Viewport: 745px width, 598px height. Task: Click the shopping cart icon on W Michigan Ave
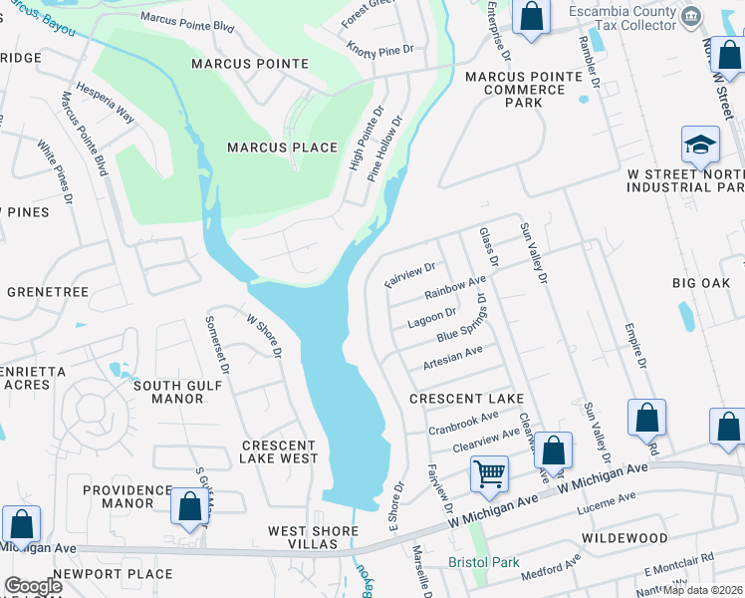point(489,473)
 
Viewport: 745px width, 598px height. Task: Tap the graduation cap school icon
point(700,147)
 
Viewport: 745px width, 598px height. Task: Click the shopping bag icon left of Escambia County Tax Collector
point(531,17)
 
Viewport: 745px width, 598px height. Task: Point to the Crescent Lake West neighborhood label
point(279,451)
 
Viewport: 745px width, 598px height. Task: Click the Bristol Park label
point(484,562)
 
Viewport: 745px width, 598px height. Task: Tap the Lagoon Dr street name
point(431,318)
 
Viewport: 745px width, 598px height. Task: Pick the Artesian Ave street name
point(452,356)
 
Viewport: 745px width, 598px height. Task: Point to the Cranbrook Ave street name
point(463,423)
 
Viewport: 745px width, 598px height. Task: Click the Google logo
point(33,586)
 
